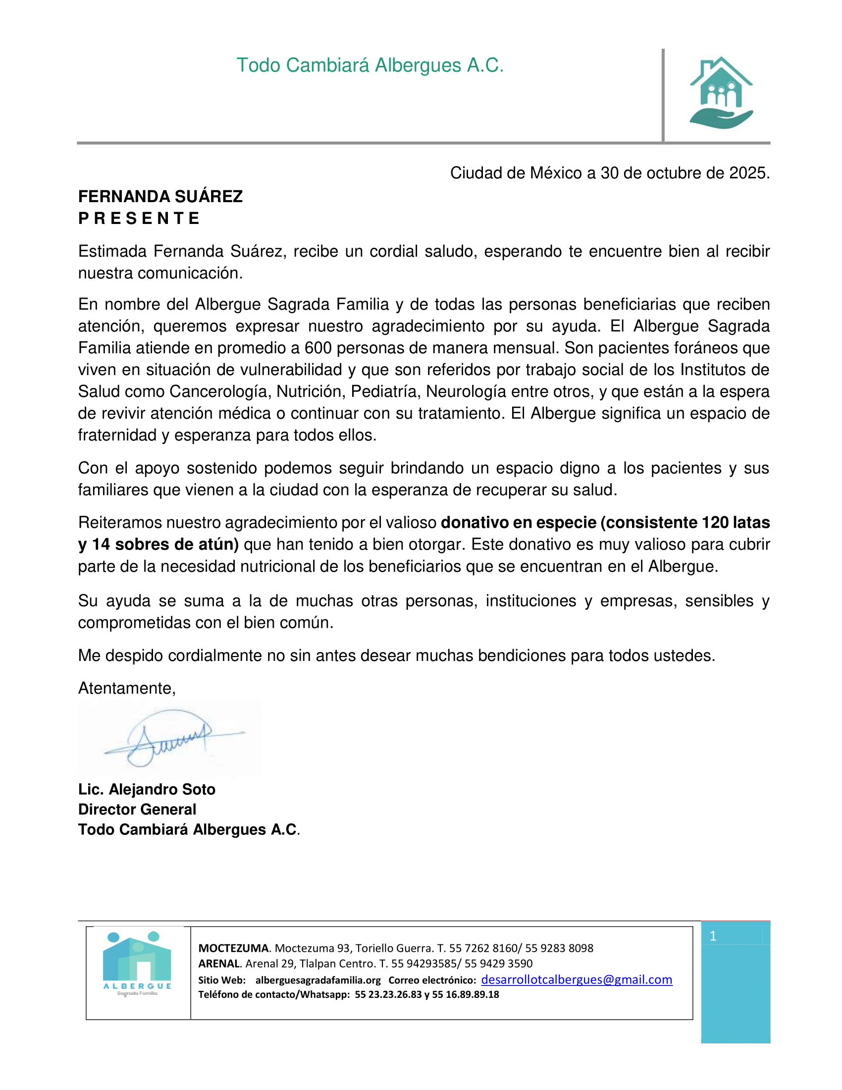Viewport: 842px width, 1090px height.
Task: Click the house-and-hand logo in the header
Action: (x=721, y=93)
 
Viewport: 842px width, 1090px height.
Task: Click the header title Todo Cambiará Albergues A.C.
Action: (x=369, y=65)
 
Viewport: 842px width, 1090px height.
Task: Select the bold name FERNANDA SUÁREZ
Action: (x=160, y=196)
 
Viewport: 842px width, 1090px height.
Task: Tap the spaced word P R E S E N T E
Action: (x=139, y=218)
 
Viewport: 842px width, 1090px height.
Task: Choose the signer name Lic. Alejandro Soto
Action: (x=147, y=789)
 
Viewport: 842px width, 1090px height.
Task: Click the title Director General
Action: (x=137, y=809)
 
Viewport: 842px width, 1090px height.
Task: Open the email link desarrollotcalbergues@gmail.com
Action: (x=576, y=979)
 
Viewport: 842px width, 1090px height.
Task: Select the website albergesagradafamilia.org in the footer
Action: (x=318, y=980)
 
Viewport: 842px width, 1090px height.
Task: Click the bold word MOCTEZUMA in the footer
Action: (x=233, y=948)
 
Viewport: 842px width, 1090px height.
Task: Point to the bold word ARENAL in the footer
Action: (x=219, y=963)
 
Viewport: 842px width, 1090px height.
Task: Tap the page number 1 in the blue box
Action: (x=713, y=936)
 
